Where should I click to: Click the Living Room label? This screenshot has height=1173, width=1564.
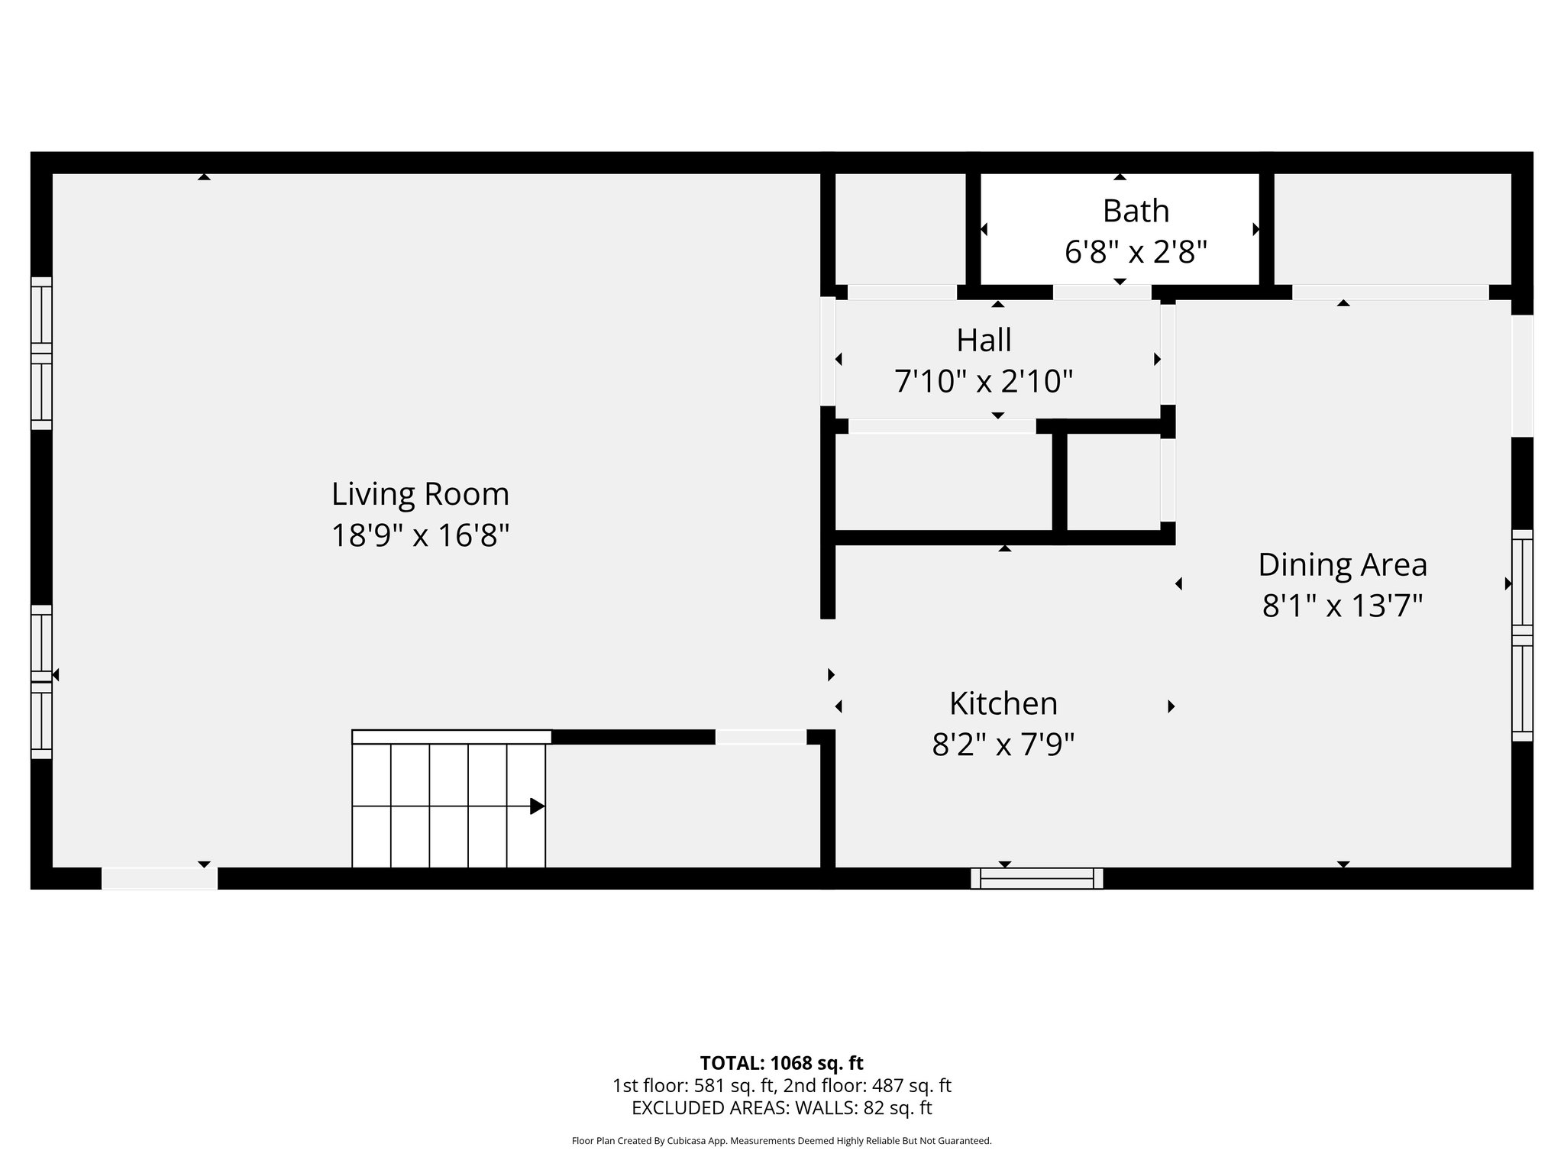(420, 494)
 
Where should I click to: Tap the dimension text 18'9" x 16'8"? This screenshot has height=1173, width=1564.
(420, 535)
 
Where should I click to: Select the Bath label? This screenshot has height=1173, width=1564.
(1136, 211)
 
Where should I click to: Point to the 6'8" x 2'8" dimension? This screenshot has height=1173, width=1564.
(1136, 251)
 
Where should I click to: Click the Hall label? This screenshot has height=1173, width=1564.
(984, 341)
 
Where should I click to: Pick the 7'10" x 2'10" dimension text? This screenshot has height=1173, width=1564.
(984, 381)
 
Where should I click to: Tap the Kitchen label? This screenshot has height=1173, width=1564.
(1003, 703)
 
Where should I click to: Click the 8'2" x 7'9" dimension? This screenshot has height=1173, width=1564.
(1003, 744)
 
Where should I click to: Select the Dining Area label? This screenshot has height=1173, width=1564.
(1342, 565)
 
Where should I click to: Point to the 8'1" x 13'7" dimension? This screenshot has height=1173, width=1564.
(1342, 606)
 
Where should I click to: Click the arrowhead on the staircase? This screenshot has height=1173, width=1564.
(537, 806)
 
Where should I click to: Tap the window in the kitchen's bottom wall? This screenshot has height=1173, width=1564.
(1036, 878)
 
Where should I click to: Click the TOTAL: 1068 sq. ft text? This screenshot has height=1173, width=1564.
(781, 1062)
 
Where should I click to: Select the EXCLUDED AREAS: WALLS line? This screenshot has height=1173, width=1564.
(781, 1107)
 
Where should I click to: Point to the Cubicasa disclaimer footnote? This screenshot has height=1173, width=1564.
(781, 1141)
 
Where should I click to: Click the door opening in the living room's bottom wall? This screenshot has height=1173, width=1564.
(160, 878)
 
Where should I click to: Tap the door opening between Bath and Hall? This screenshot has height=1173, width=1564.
(1102, 292)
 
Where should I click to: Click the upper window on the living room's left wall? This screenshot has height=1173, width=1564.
(41, 353)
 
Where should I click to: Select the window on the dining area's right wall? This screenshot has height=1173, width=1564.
(1522, 635)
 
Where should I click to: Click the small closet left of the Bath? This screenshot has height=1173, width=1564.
(900, 229)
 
